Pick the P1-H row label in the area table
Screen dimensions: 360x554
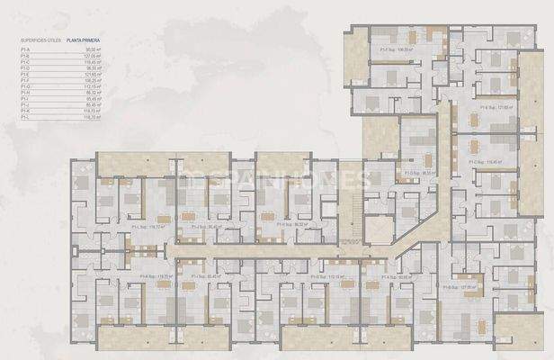(26, 92)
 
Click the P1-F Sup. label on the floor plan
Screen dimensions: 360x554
(395, 50)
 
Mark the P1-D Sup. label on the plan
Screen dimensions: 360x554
(420, 172)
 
